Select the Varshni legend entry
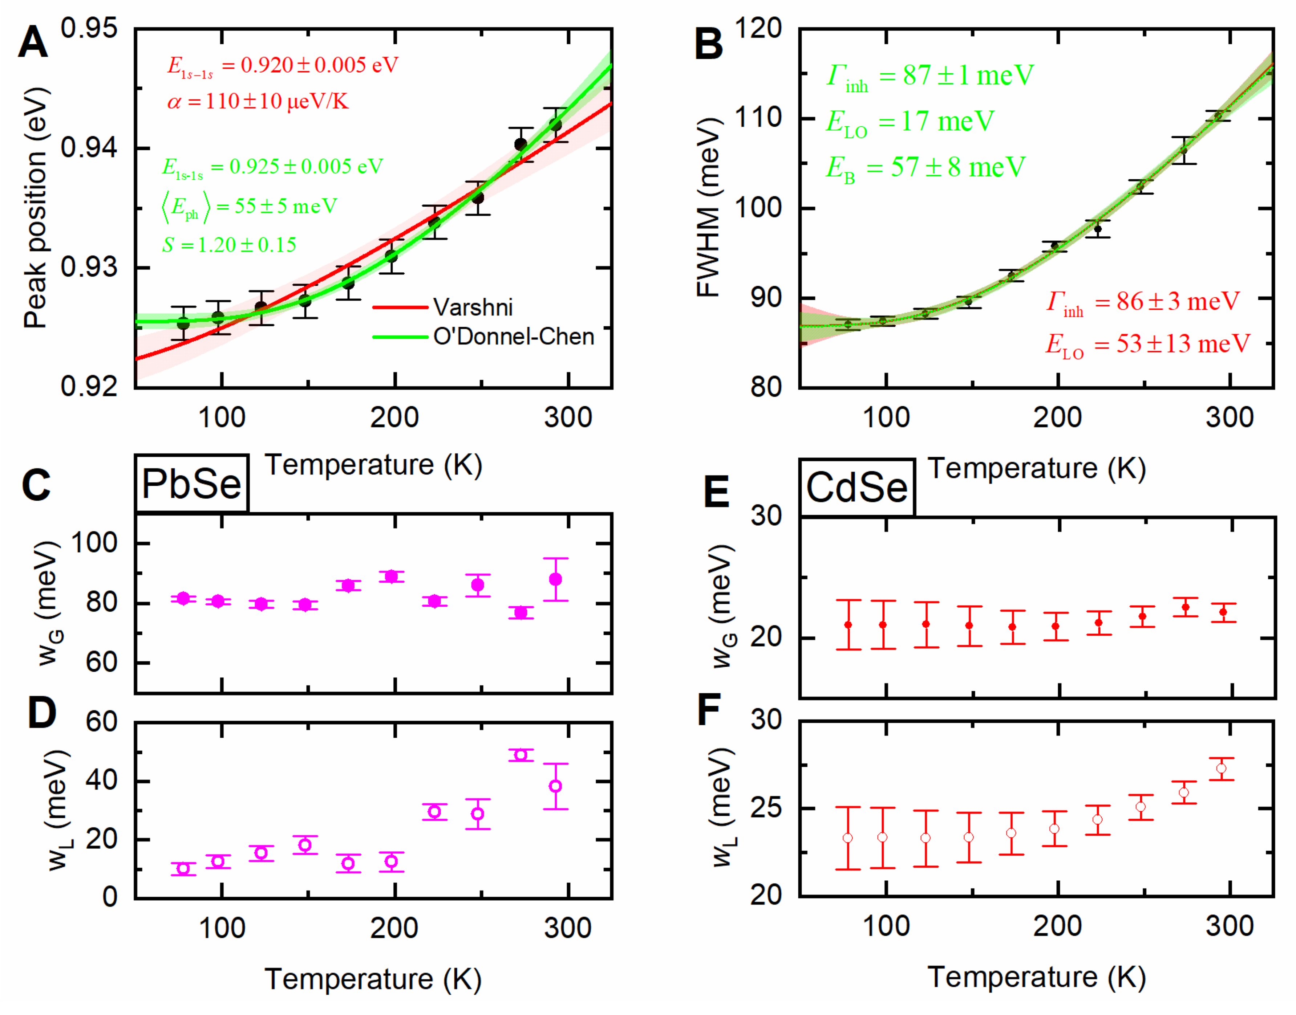472,307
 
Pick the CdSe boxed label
856,487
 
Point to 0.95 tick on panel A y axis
89,29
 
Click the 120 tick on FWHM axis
758,29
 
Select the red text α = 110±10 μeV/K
258,102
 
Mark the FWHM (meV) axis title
709,208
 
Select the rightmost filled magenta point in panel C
555,579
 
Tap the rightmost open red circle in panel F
1221,769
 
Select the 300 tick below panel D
568,928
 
